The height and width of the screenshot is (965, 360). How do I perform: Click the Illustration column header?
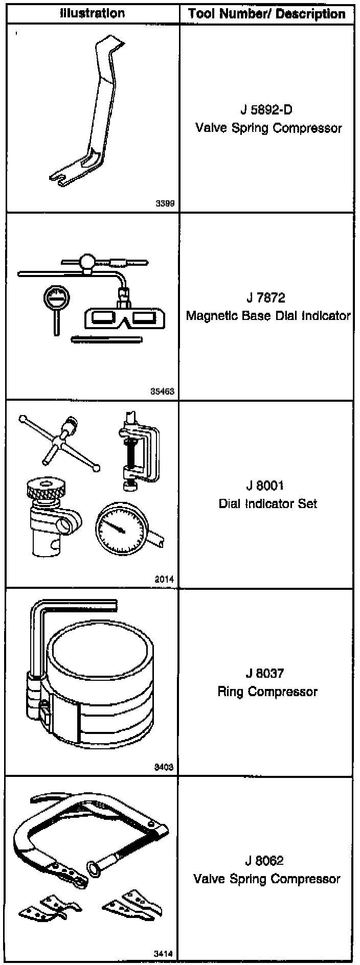pyautogui.click(x=92, y=13)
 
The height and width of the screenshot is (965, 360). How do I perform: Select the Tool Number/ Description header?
pyautogui.click(x=267, y=13)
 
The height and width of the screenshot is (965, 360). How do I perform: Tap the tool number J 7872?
pyautogui.click(x=265, y=297)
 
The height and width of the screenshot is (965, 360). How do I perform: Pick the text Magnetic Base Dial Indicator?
pyautogui.click(x=268, y=315)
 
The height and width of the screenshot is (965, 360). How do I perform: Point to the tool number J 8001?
pyautogui.click(x=265, y=485)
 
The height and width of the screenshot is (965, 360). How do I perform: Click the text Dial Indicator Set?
pyautogui.click(x=268, y=503)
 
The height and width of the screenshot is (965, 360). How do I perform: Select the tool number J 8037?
pyautogui.click(x=265, y=673)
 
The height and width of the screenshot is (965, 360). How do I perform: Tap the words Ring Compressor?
pyautogui.click(x=267, y=692)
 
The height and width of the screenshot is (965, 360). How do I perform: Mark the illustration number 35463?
pyautogui.click(x=162, y=392)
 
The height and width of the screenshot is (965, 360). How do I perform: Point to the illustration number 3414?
pyautogui.click(x=164, y=954)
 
